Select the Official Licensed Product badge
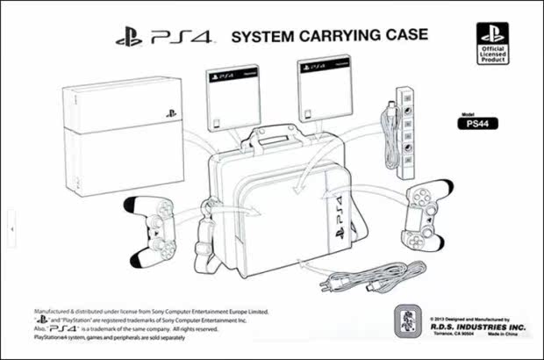pos(492,42)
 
